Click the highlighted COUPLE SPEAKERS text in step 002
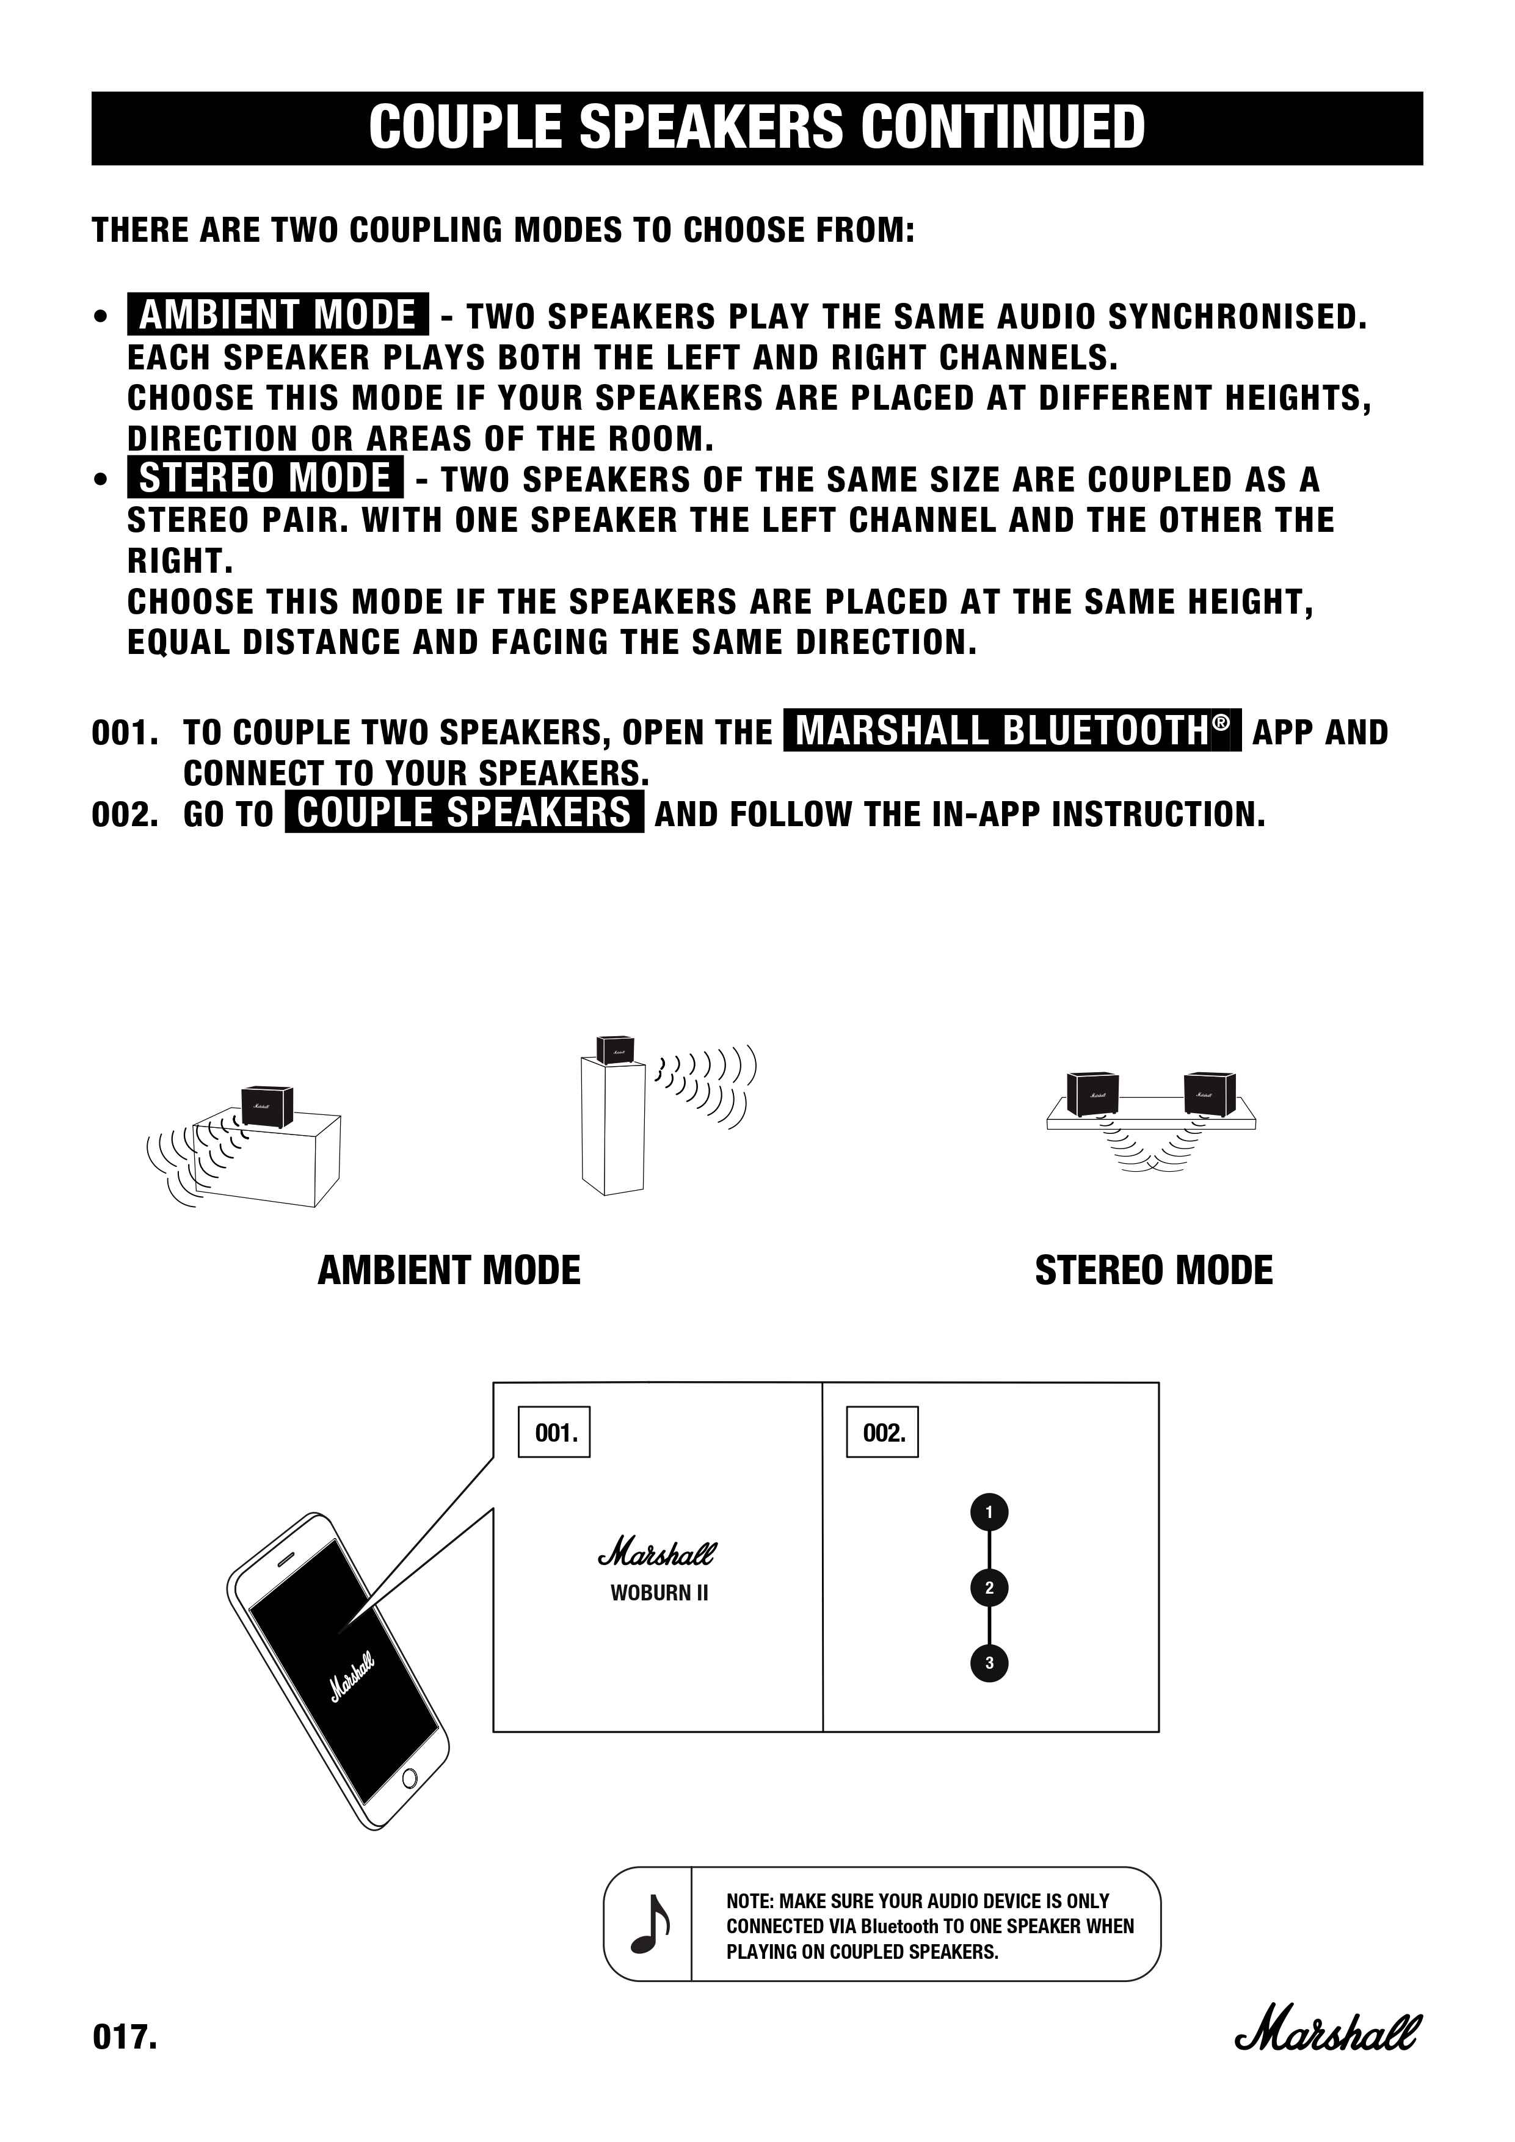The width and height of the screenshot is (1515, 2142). coord(463,813)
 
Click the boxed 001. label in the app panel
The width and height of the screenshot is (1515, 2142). coord(555,1432)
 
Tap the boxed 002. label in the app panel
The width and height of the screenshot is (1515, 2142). coord(882,1432)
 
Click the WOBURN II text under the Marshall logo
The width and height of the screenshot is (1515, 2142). coord(659,1592)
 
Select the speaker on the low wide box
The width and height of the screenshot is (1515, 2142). coord(267,1106)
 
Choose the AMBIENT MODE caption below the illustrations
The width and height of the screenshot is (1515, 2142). coord(449,1271)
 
